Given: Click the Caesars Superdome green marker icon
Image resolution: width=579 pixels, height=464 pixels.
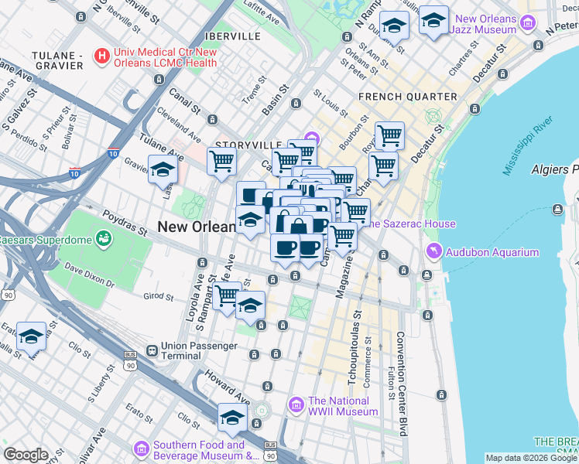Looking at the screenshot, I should pyautogui.click(x=102, y=237).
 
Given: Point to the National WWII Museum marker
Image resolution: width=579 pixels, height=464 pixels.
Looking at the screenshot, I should pyautogui.click(x=296, y=404).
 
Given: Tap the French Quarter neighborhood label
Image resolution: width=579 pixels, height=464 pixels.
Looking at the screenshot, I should pyautogui.click(x=407, y=97).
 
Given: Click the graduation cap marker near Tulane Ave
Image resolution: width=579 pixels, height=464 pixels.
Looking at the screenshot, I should pyautogui.click(x=163, y=169).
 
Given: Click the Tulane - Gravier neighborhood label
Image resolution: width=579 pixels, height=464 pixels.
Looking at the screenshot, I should pyautogui.click(x=57, y=60).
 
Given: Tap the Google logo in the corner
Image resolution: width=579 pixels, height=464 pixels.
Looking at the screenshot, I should pyautogui.click(x=26, y=455).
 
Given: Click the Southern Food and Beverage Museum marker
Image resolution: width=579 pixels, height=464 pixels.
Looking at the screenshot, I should pyautogui.click(x=141, y=449).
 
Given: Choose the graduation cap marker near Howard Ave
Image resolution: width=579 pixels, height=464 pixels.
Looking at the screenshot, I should pyautogui.click(x=231, y=418).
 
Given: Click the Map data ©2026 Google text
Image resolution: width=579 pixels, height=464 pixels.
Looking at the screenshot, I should pyautogui.click(x=531, y=458).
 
